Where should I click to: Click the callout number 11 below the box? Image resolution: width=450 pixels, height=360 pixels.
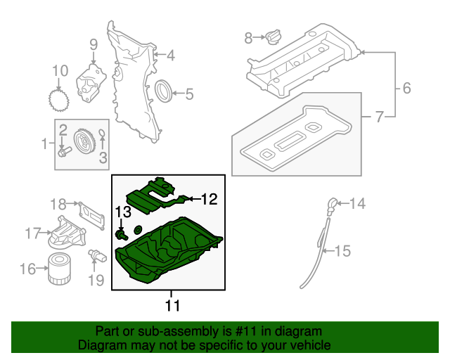click(x=172, y=306)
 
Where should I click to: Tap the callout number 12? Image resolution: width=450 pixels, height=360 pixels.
click(x=210, y=199)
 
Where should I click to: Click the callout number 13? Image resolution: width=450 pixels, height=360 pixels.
click(x=123, y=212)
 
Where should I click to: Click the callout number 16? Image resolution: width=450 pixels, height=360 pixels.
click(x=27, y=269)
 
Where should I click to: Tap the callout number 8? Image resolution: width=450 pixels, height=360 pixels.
click(x=247, y=39)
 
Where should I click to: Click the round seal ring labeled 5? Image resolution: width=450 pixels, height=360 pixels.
click(x=163, y=91)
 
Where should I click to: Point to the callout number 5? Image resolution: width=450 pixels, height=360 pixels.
click(x=188, y=93)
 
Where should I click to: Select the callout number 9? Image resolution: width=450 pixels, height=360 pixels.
click(x=92, y=46)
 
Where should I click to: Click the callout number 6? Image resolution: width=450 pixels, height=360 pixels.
click(x=406, y=89)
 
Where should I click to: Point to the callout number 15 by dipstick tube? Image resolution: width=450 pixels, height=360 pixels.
click(x=342, y=250)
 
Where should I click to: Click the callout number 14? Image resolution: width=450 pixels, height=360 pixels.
click(x=358, y=204)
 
